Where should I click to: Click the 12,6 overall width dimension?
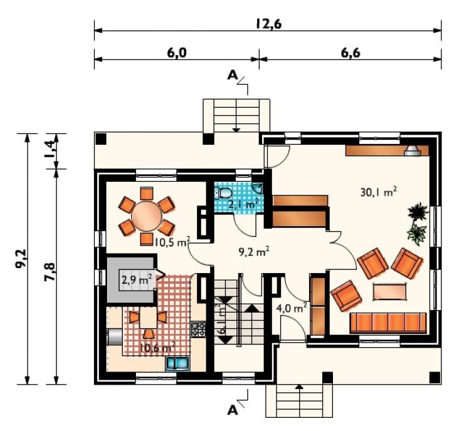268,24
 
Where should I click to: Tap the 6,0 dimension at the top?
177,53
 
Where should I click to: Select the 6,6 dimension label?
351,53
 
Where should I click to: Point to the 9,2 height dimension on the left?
21,259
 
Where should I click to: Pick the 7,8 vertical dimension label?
50,271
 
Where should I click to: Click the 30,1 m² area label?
379,192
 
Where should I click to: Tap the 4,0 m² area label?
291,308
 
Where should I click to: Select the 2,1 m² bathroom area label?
243,204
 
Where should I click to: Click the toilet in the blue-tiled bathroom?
224,192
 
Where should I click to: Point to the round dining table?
147,216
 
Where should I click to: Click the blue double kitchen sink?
177,363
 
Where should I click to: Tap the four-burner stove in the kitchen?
198,330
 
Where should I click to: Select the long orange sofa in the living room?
388,323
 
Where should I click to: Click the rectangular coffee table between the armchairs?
390,291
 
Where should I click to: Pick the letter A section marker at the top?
233,76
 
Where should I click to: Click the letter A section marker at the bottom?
233,410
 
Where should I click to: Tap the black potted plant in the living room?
418,211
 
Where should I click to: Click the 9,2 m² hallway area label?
254,252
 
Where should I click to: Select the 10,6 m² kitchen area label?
157,347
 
